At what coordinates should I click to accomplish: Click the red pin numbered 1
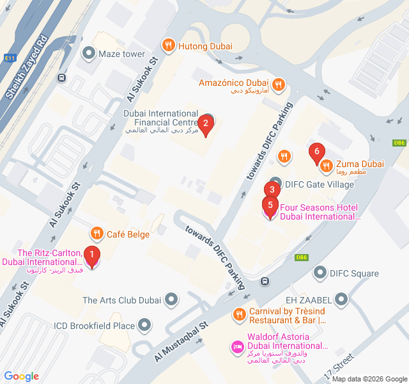[x=92, y=257]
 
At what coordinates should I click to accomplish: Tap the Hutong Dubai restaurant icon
[x=168, y=45]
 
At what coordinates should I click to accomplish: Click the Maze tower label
[x=121, y=54]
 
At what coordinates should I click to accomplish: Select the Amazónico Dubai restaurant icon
[x=278, y=83]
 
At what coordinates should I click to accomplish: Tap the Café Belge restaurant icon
[x=96, y=234]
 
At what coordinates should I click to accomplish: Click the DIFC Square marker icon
[x=320, y=273]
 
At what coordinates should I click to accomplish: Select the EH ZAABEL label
[x=309, y=299]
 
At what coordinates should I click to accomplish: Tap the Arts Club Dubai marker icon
[x=171, y=299]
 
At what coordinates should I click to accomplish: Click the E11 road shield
[x=10, y=58]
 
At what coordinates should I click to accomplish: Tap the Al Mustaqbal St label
[x=181, y=341]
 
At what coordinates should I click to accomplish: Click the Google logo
[x=22, y=376]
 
